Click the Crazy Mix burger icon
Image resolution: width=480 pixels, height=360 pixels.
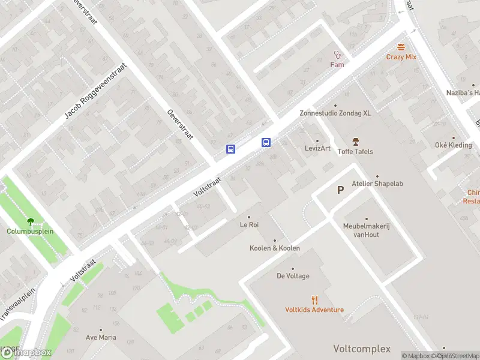(401, 47)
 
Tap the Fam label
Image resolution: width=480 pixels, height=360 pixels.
(337, 64)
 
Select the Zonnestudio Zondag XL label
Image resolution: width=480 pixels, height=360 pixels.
(335, 113)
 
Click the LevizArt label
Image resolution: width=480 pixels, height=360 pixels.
(317, 148)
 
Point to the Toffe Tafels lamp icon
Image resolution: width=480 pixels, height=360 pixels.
(355, 142)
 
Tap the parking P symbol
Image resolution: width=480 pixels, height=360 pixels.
(340, 190)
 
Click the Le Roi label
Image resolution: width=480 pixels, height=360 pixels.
(249, 225)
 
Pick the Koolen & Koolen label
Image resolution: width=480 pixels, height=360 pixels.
(275, 248)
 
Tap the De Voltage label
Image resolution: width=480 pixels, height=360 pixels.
(293, 276)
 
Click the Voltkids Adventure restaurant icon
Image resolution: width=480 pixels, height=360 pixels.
(314, 300)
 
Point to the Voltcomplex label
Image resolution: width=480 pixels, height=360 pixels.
(362, 349)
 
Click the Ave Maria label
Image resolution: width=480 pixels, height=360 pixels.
(100, 337)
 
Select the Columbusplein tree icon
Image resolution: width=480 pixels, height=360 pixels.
(30, 221)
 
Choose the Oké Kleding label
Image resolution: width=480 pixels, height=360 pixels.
(454, 145)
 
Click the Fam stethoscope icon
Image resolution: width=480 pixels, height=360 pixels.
(337, 55)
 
